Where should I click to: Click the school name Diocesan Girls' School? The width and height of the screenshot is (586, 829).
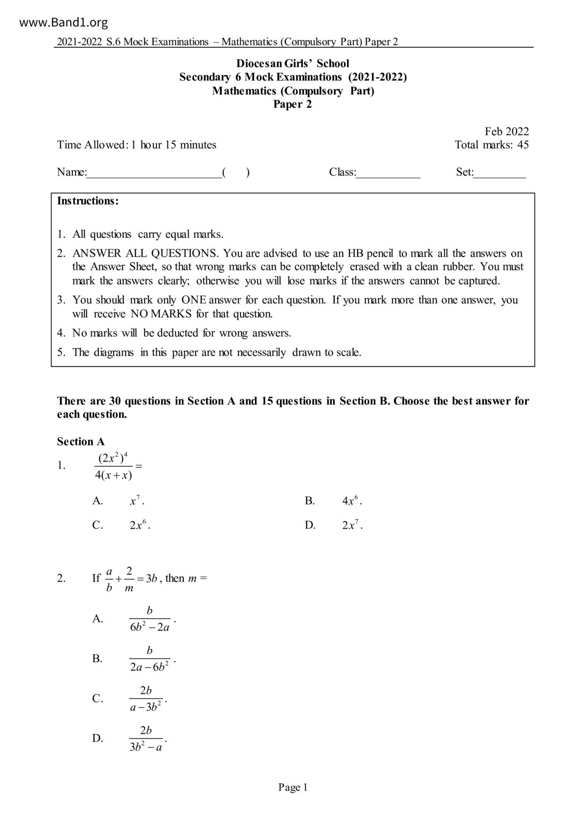pos(293,63)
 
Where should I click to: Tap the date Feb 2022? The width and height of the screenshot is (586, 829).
pos(506,131)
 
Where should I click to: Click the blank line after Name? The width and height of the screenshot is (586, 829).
pos(154,173)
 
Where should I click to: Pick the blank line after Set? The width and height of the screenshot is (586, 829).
pos(500,173)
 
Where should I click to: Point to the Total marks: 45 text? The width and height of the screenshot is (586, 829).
pos(491,145)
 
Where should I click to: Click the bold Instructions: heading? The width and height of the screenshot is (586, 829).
pos(88,201)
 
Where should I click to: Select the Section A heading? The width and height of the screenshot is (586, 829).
pos(81,441)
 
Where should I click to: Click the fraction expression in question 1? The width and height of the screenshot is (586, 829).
pos(113,466)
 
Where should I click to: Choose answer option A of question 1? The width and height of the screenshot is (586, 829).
pos(137,501)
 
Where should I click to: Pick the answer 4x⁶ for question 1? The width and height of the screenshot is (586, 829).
pos(352,501)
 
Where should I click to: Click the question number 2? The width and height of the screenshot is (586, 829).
pos(61,578)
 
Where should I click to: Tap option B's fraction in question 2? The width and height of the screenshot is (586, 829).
pos(150,659)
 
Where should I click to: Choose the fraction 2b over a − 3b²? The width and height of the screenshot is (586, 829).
pos(146,699)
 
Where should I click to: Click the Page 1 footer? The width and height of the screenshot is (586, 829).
pos(293,787)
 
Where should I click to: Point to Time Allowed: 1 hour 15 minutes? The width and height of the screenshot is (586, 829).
pos(137,145)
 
